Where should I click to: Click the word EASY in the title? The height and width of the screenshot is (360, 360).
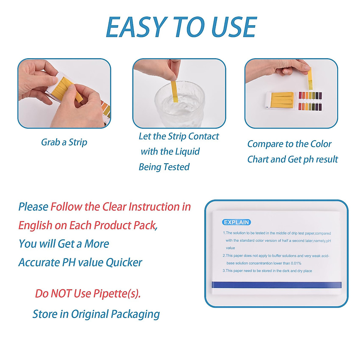click(x=136, y=27)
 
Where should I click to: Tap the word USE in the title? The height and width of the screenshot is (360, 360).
click(x=234, y=27)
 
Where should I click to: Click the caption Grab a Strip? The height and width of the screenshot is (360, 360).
click(x=64, y=142)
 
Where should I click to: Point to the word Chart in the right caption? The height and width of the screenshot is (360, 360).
click(x=258, y=159)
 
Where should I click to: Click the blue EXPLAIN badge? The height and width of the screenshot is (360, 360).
click(x=236, y=222)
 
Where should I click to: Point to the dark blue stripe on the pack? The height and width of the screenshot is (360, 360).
click(x=276, y=285)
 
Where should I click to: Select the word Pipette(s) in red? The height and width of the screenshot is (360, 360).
click(x=117, y=293)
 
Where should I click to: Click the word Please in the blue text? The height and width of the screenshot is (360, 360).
click(x=33, y=207)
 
